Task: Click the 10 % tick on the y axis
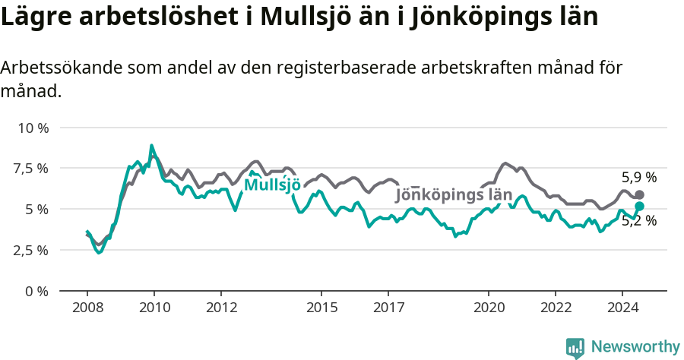32,127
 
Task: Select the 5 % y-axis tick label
36,209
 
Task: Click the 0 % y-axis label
36,291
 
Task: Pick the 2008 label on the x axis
87,308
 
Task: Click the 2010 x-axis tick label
154,308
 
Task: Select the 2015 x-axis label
321,308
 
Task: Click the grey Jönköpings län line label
454,194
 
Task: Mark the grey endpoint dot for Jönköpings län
639,194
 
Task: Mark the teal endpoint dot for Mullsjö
639,206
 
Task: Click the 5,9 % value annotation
638,178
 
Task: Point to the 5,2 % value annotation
638,222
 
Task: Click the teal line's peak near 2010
152,145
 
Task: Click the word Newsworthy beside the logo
635,347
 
